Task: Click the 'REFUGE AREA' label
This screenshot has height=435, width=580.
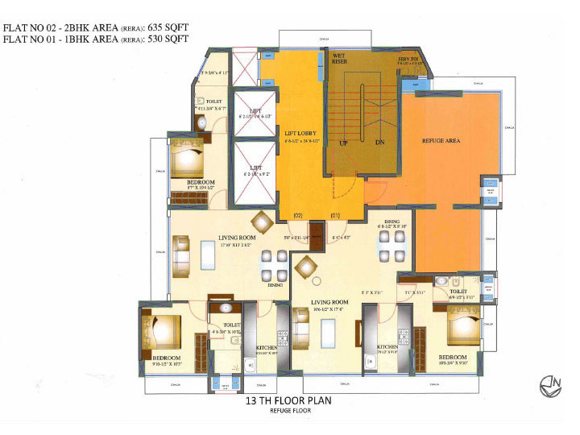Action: pyautogui.click(x=441, y=141)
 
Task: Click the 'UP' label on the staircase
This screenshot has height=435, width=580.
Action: pyautogui.click(x=343, y=143)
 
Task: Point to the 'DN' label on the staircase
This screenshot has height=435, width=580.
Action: pyautogui.click(x=380, y=143)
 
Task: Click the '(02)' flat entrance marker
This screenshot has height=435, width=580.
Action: pyautogui.click(x=297, y=215)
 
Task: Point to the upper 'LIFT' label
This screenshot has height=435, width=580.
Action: pyautogui.click(x=255, y=110)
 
